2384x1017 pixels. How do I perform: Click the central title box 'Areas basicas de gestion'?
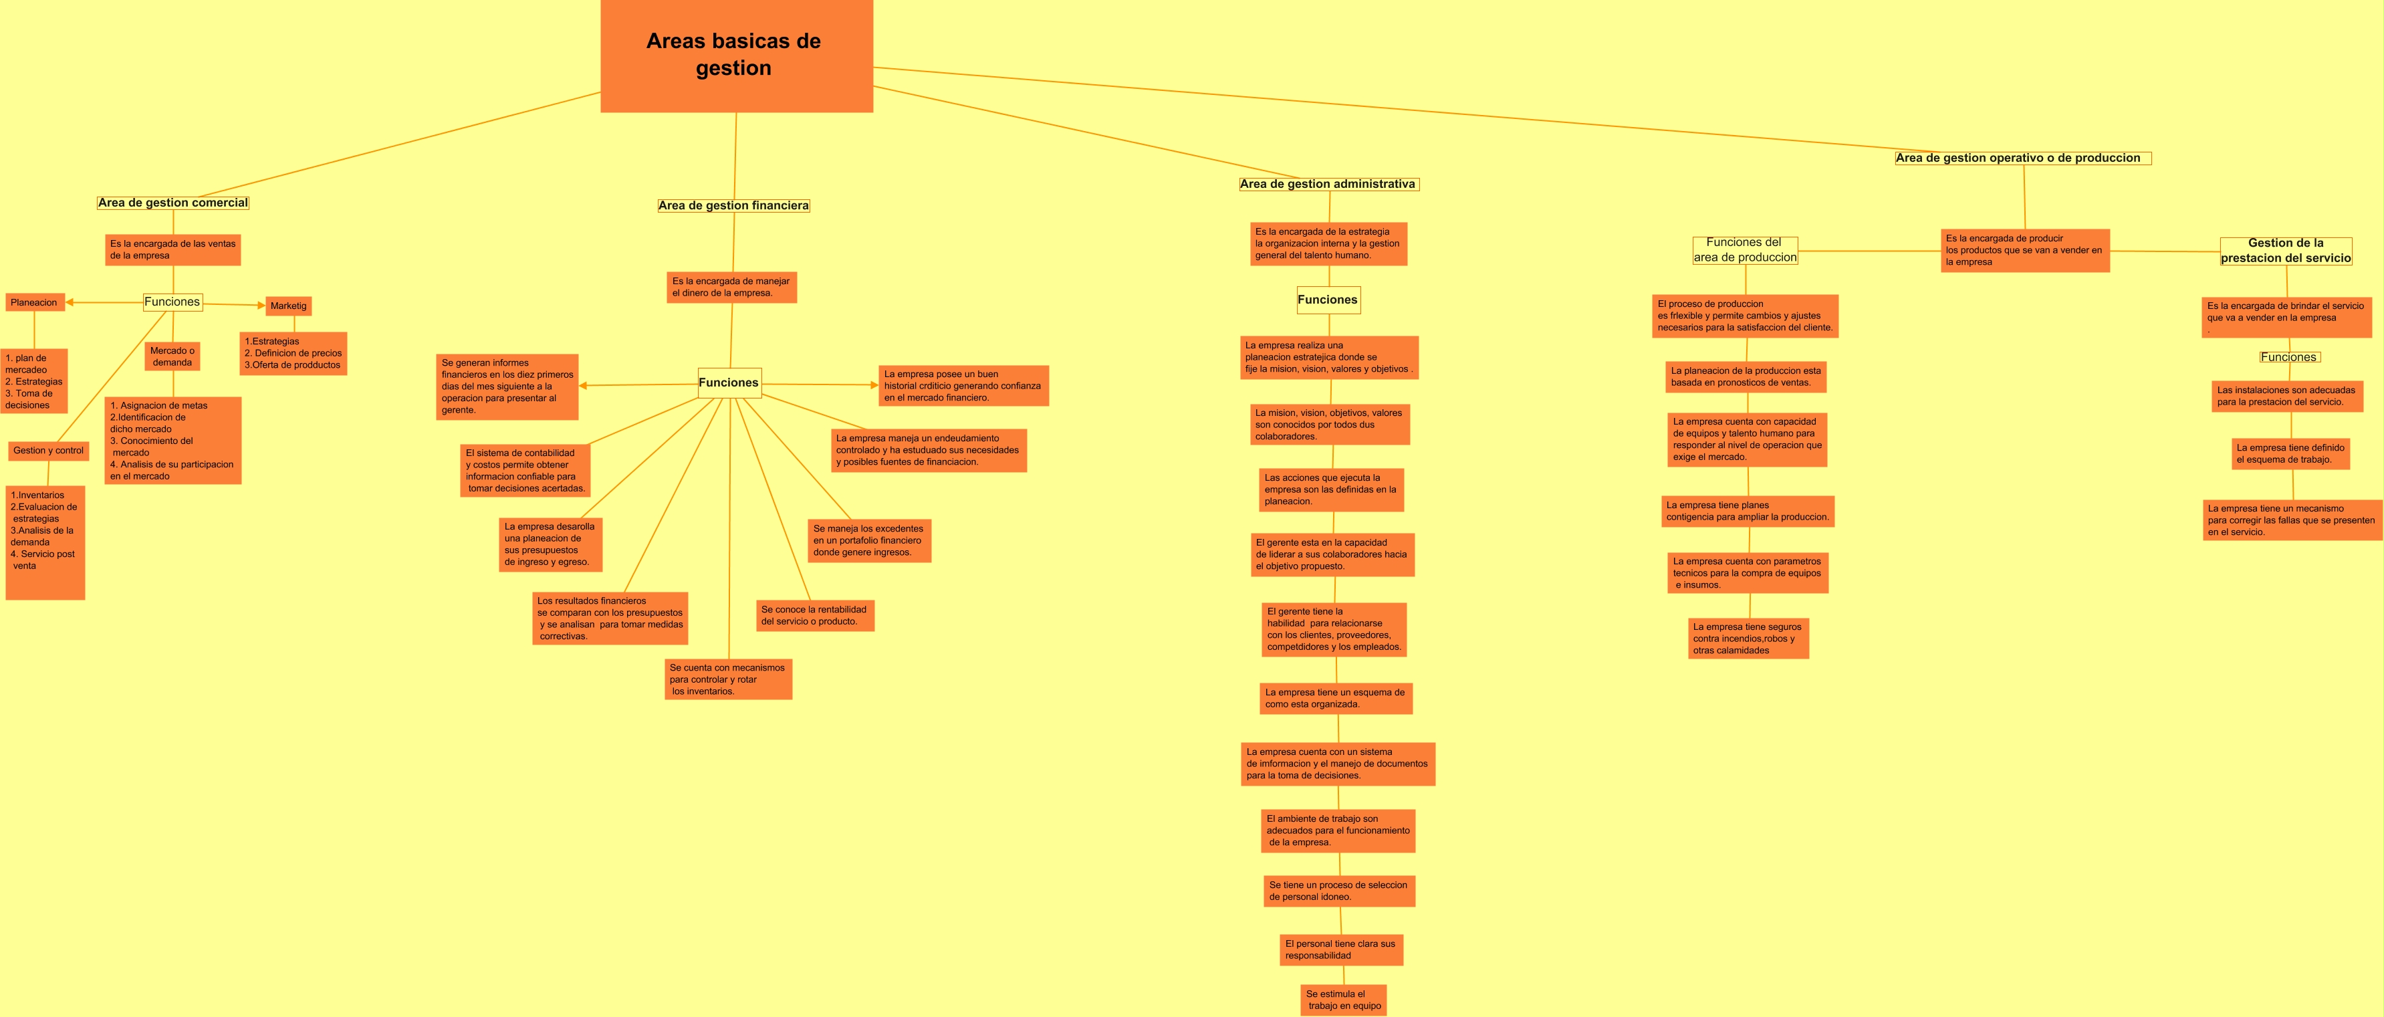[736, 55]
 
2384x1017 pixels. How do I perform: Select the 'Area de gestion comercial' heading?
[173, 203]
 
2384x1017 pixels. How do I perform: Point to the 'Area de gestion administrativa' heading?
[1327, 184]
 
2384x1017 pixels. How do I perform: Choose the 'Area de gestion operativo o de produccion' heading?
[2022, 158]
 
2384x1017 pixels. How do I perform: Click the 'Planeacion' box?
[34, 303]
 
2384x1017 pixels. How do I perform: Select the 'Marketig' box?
[289, 306]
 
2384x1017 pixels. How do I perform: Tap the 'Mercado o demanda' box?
[172, 356]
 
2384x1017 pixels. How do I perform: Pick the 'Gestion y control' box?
[48, 451]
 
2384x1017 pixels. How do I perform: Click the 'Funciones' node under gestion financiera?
[729, 382]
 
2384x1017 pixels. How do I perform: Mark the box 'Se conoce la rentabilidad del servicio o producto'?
[814, 615]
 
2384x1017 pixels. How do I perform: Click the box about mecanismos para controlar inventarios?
[727, 679]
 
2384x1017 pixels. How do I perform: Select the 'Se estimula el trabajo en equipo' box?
[1343, 1000]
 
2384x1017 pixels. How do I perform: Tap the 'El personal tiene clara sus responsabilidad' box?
[1341, 949]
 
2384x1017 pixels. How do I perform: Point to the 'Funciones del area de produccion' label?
[1744, 250]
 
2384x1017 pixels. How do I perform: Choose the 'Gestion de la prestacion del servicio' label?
[2285, 251]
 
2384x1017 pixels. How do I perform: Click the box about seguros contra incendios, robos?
[1748, 639]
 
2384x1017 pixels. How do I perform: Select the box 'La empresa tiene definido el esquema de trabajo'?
[2290, 453]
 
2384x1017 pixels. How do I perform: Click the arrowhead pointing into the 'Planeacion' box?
[70, 303]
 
